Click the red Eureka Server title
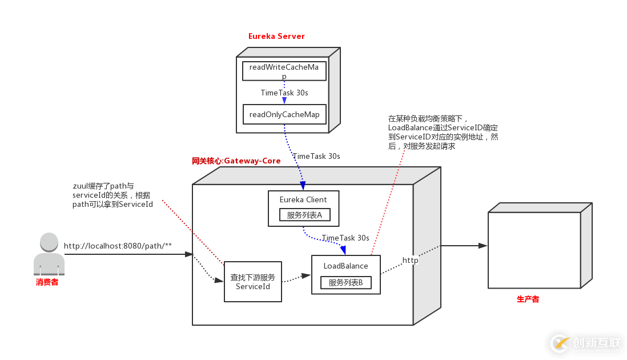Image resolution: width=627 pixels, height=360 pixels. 276,36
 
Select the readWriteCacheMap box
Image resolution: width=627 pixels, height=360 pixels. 284,71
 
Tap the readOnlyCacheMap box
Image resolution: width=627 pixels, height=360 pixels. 284,114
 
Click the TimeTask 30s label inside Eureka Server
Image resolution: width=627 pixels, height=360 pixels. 284,93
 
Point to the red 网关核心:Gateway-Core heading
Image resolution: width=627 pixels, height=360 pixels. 236,161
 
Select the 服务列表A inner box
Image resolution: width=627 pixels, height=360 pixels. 304,215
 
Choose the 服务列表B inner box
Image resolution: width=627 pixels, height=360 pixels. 346,282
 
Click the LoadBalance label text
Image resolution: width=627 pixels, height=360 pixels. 346,266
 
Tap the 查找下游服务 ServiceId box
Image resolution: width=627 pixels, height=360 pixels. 252,281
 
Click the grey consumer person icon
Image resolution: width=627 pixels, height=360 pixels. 49,254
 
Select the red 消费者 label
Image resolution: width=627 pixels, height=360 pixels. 47,282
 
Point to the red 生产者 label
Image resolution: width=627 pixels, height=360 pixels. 528,299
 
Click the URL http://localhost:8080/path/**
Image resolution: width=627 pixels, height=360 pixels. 118,246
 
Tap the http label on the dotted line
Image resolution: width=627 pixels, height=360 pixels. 410,261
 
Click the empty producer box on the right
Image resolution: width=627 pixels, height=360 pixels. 534,250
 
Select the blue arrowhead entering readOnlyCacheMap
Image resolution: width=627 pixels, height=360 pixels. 284,101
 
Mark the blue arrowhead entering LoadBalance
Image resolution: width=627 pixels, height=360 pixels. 343,250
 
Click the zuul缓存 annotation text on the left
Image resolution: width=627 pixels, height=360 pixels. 112,195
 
